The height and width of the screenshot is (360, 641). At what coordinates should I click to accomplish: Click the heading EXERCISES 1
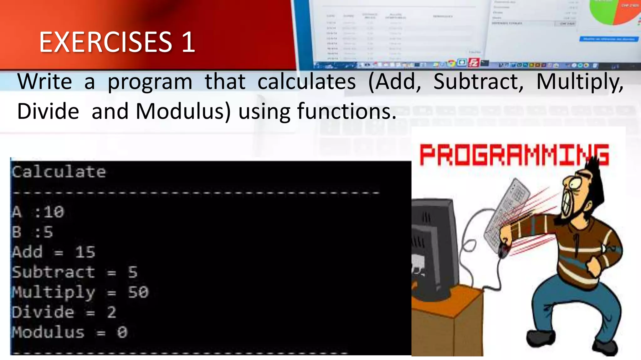pos(117,42)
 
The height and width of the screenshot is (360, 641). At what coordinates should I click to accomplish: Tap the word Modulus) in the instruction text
pos(183,111)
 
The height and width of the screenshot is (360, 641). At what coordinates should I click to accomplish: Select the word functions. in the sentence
pos(346,111)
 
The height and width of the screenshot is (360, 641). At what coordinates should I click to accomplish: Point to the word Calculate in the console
pos(59,172)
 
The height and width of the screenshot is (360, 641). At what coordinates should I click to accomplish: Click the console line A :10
pos(38,212)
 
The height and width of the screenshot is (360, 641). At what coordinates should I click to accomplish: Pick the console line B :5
pos(33,232)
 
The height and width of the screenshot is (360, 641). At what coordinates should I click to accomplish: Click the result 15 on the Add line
pos(85,252)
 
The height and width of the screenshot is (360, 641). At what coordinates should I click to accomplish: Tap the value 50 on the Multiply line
pos(138,292)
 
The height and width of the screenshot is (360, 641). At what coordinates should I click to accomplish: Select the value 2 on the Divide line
pos(112,312)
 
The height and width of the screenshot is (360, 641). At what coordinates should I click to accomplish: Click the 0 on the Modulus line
pos(122,332)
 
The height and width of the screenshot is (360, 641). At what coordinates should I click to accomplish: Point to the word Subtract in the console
pos(53,272)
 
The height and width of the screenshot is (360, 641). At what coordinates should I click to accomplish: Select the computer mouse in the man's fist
pos(503,250)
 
